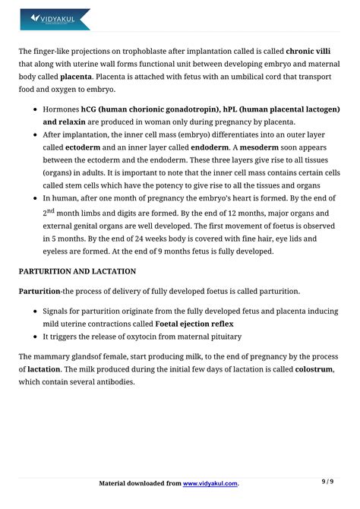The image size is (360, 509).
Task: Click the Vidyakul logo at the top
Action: [55, 19]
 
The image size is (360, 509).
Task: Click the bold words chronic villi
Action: [313, 52]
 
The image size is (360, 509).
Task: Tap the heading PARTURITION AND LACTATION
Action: [77, 271]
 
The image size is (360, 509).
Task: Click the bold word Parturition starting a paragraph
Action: [39, 291]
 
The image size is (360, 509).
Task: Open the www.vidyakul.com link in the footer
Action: [210, 483]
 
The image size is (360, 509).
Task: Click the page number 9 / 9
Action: [327, 481]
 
